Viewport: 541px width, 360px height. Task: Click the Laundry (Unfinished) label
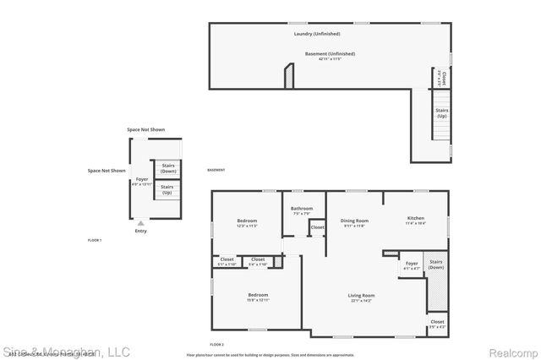[317, 34]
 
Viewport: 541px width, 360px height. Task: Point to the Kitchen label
[415, 218]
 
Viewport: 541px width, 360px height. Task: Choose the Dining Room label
[354, 221]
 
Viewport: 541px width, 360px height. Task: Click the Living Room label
[361, 295]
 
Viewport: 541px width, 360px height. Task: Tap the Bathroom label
[302, 209]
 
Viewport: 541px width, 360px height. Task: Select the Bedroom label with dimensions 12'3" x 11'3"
[247, 221]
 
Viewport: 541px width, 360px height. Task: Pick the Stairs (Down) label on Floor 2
[436, 265]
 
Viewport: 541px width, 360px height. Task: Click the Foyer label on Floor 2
[412, 263]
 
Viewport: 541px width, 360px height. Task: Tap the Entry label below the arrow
[139, 231]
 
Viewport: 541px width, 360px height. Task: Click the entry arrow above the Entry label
[139, 223]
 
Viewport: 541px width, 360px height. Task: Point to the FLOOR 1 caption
[95, 241]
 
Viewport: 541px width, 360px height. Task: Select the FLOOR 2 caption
[217, 345]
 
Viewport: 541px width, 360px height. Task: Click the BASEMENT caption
[216, 171]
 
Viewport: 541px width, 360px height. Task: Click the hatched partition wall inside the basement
[289, 78]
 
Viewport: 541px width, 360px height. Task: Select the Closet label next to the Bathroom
[317, 227]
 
